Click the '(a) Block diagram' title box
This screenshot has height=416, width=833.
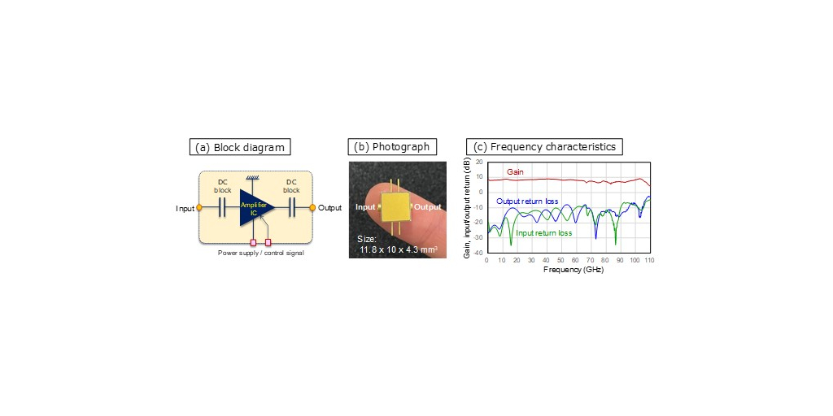[x=240, y=147]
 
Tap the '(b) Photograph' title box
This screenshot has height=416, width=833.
[x=391, y=147]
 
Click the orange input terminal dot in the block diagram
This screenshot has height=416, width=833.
[x=200, y=208]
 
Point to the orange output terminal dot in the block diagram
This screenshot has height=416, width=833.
[x=312, y=208]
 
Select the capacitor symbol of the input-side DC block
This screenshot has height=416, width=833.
[x=222, y=208]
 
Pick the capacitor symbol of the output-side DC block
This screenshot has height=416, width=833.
[x=290, y=208]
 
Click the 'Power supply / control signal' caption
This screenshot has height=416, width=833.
[x=255, y=253]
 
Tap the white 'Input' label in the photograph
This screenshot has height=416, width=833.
[x=366, y=207]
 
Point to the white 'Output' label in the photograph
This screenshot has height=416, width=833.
[x=427, y=207]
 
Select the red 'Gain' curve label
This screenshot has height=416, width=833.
[x=515, y=172]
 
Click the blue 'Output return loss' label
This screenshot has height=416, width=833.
[x=527, y=201]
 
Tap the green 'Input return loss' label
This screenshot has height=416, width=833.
[x=544, y=233]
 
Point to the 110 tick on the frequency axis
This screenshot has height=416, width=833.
[x=649, y=260]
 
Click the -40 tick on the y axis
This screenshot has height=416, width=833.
[x=479, y=253]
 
